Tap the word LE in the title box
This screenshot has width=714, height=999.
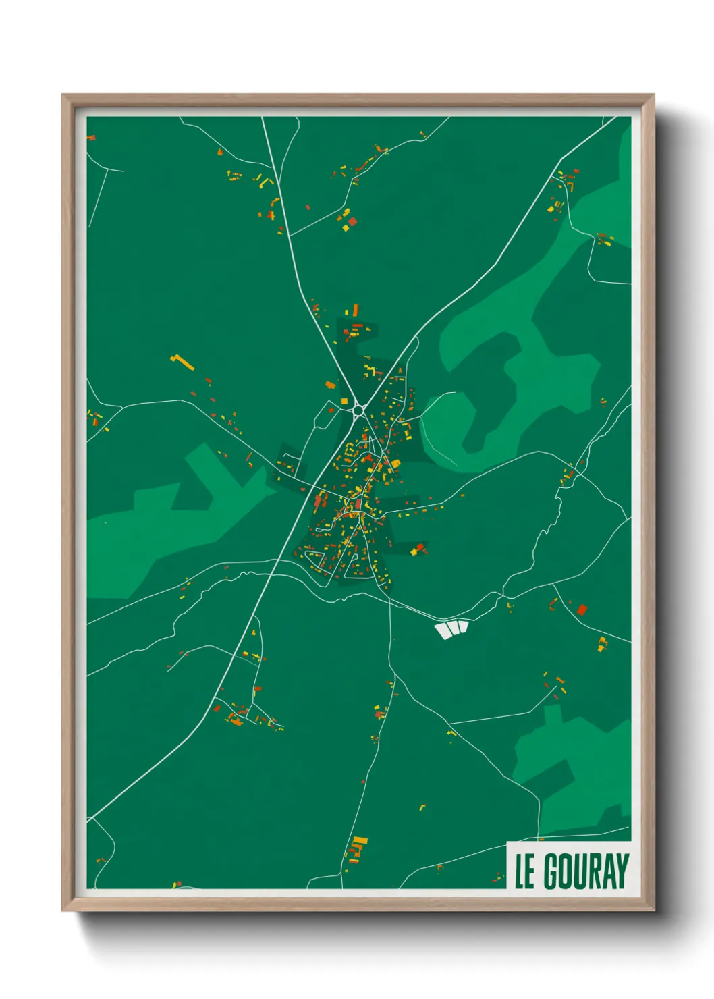525,871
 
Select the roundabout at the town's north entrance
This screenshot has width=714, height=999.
358,409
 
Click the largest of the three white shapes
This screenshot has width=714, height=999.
444,630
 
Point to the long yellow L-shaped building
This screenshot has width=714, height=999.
182,362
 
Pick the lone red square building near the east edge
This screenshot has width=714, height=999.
582,610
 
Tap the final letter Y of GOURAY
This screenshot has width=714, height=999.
622,871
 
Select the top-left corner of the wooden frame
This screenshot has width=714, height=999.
63,95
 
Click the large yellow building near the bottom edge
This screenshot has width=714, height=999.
360,841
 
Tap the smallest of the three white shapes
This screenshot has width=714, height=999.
464,627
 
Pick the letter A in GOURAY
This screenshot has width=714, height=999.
609,871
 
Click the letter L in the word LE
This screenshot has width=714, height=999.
520,871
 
